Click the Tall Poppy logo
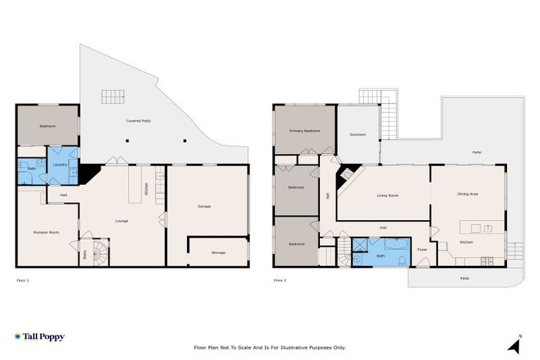(39, 337)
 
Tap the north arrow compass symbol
(514, 344)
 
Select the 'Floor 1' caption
(23, 280)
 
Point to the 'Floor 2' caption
(280, 280)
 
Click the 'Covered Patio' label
(139, 121)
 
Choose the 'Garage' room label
(205, 206)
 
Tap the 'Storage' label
(219, 252)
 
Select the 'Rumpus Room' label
(46, 232)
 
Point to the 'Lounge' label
(122, 221)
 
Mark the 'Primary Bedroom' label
(304, 131)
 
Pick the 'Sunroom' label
(358, 134)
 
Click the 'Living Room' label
(387, 195)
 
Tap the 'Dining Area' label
(468, 193)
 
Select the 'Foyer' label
(423, 250)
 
